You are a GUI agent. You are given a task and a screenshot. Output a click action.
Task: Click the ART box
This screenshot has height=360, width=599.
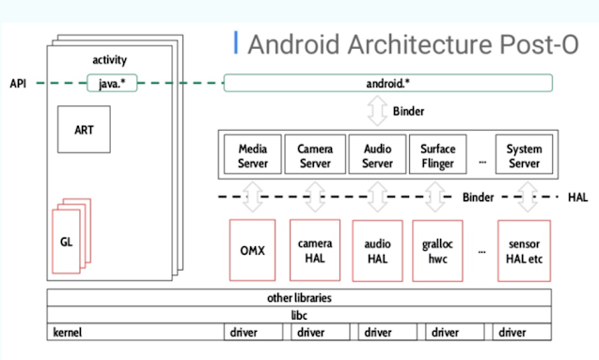pos(84,130)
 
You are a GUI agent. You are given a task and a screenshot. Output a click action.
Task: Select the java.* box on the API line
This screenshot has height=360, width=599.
pos(112,83)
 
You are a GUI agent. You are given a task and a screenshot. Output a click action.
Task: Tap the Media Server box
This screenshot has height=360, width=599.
pos(253,154)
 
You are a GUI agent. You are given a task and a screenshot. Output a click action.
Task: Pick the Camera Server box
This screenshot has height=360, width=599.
pos(315,154)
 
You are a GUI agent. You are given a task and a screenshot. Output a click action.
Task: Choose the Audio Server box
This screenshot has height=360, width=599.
pos(377,154)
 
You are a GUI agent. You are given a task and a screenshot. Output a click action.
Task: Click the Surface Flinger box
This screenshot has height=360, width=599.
pos(438,154)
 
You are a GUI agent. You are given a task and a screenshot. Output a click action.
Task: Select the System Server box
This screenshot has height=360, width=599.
pos(524,154)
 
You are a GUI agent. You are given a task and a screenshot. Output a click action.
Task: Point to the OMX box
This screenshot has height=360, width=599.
pos(253,250)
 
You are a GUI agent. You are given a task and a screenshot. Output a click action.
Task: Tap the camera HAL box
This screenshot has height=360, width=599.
pos(315,250)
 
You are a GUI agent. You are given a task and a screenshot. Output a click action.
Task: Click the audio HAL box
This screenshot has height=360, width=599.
pos(377,251)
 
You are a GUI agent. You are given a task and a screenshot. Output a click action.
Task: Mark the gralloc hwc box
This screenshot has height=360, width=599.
pos(438,251)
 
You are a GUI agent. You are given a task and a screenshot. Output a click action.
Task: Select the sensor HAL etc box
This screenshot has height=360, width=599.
pos(524,251)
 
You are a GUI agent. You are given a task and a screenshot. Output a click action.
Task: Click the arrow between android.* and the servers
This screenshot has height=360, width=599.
pos(377,111)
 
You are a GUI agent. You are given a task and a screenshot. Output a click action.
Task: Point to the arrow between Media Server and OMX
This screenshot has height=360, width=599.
pos(253,196)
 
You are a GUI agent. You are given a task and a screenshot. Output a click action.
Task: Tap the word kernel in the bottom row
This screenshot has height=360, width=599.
pos(68,332)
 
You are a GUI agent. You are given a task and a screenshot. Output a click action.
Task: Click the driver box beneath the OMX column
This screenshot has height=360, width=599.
pos(253,332)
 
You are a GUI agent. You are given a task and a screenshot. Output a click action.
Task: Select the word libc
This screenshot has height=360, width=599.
pos(299,315)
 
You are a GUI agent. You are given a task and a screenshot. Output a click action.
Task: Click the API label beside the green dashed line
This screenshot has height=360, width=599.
pos(18,84)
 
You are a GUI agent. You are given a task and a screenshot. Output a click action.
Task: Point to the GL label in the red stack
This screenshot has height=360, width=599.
pos(66,242)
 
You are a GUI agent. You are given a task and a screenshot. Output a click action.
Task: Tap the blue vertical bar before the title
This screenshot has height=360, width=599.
pos(236,42)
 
